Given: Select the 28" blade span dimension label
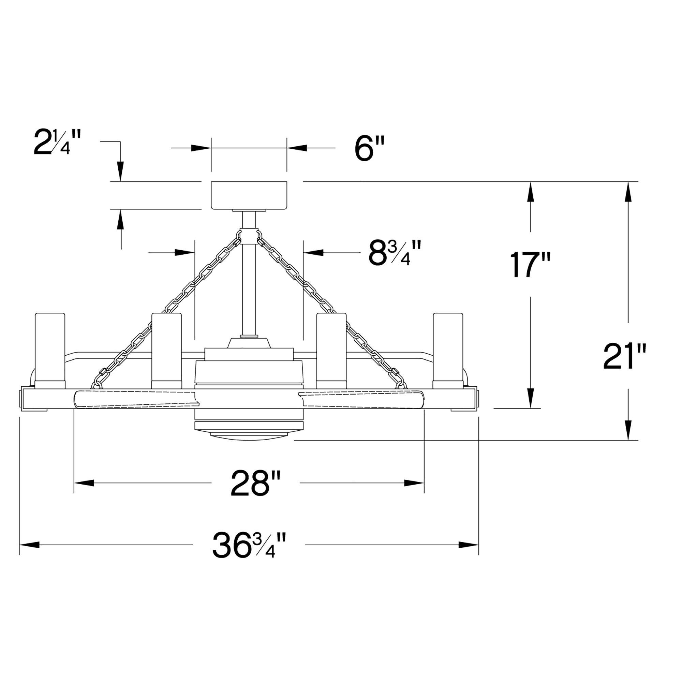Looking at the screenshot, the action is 255,483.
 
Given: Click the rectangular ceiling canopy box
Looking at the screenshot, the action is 249,195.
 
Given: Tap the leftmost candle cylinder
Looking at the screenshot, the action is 50,351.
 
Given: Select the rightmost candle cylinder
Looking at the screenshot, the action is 448,351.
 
